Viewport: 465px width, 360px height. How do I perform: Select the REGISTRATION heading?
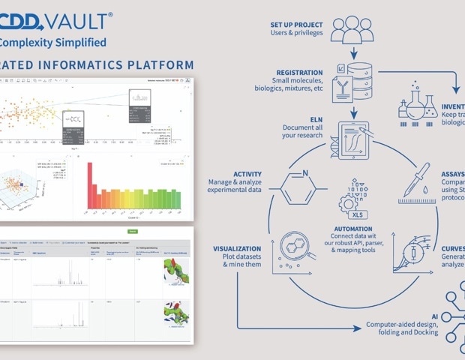[x=300, y=73]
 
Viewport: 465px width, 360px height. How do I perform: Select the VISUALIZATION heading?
[x=237, y=248]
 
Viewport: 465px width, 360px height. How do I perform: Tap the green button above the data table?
[x=133, y=232]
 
